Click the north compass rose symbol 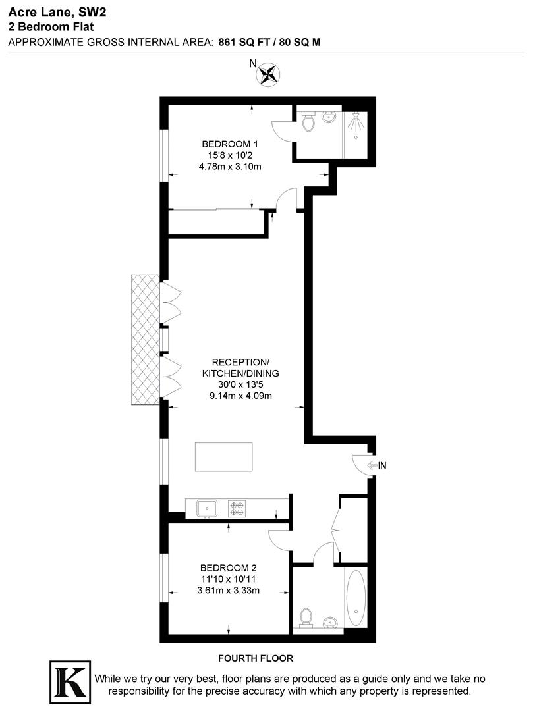point(267,74)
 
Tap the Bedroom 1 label point(230,144)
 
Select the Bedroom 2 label point(229,567)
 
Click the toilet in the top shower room point(308,122)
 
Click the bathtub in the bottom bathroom point(356,598)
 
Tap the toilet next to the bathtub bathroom point(306,617)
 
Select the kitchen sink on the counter point(208,508)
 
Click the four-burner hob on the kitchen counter point(237,508)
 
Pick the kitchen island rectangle point(224,457)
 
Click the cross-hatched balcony point(145,340)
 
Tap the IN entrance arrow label point(377,465)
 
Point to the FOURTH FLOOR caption point(255,658)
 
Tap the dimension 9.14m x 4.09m point(240,396)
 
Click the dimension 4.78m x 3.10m point(230,167)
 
